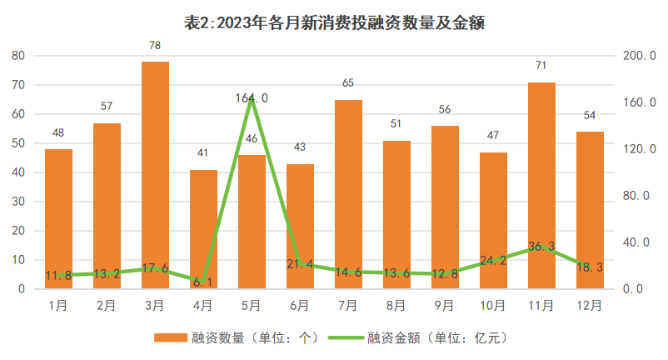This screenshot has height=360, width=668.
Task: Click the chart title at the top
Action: (x=333, y=23)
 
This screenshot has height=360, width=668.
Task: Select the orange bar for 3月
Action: (x=155, y=175)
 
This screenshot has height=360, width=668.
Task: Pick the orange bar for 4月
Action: (x=203, y=229)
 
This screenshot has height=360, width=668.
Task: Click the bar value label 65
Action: (x=348, y=83)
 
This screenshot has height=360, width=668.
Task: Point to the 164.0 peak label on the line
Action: (x=252, y=98)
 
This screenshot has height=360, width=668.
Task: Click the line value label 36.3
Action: (x=541, y=247)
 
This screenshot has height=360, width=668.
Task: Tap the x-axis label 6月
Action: (x=300, y=306)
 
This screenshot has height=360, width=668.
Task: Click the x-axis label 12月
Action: (x=590, y=306)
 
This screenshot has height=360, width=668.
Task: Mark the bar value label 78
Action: (x=155, y=46)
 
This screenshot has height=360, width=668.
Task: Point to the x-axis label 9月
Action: (x=445, y=306)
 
